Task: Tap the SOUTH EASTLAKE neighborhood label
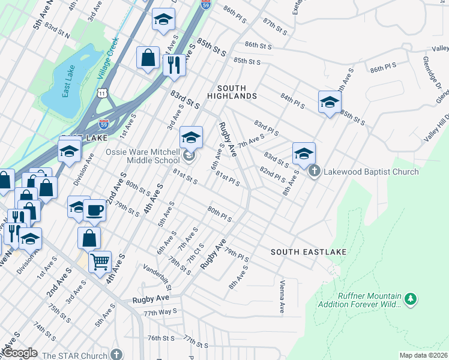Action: [x=308, y=252]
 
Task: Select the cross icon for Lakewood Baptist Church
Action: [x=314, y=172]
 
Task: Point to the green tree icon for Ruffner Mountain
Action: [x=410, y=298]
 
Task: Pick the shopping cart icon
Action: [x=100, y=261]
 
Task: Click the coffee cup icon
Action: [x=94, y=211]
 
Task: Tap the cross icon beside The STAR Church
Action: [x=116, y=355]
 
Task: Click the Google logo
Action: [x=20, y=353]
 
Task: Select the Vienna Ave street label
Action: [x=281, y=296]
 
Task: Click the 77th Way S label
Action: [x=160, y=313]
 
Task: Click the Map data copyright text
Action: [x=424, y=355]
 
